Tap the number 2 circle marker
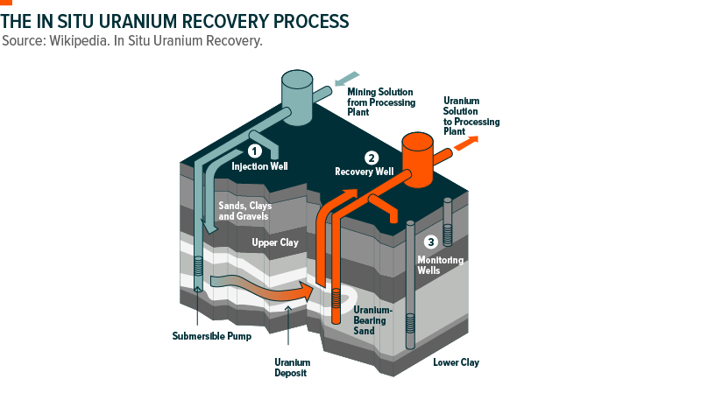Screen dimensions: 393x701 tap(372, 158)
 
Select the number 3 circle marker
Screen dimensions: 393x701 tap(430, 242)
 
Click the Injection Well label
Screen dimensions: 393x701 tap(259, 166)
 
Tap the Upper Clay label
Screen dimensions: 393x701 tap(276, 242)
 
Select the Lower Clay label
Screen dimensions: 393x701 tap(457, 361)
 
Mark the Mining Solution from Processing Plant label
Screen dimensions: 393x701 tap(382, 102)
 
